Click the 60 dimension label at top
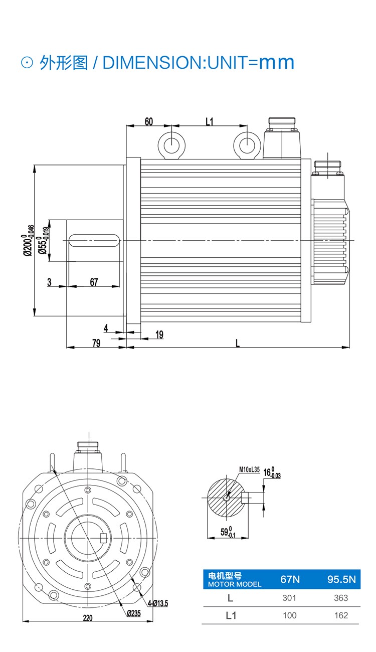148,121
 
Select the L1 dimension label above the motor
210,121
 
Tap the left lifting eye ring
171,145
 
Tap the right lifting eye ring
247,145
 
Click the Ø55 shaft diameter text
44,241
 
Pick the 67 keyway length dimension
94,282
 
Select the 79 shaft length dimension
96,343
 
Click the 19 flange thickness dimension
159,334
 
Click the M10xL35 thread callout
249,469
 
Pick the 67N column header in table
290,580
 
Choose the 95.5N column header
341,580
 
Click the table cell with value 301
290,598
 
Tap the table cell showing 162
341,615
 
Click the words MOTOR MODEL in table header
235,584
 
